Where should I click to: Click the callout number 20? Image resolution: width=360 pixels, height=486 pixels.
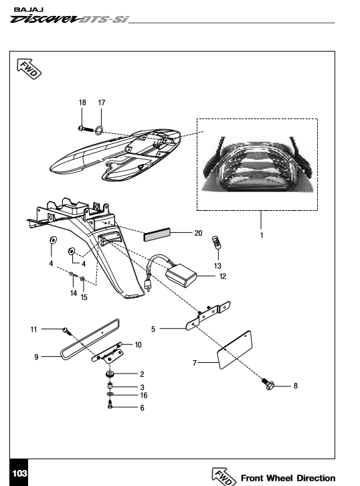coord(198,233)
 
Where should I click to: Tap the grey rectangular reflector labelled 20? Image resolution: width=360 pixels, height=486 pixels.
coord(157,234)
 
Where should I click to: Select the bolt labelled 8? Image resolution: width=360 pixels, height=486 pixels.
coord(268,384)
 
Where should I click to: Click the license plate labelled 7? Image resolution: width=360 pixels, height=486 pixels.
coord(235,350)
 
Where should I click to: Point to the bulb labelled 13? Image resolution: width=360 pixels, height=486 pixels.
coord(217,243)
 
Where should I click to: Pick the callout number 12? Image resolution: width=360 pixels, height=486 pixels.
coord(222,276)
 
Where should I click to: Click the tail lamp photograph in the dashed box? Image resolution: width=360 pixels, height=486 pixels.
coord(257,164)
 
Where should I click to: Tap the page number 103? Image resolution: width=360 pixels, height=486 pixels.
coord(20,473)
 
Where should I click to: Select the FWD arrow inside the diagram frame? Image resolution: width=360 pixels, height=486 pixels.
coord(29,69)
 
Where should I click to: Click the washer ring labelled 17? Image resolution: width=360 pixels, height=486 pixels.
coord(99,130)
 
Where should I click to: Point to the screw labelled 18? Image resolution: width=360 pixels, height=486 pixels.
coord(86,129)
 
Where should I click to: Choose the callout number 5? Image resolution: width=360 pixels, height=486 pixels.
coord(153,329)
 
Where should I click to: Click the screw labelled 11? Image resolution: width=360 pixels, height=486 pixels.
coord(68,331)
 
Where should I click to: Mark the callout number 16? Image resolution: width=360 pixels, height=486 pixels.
coord(144,396)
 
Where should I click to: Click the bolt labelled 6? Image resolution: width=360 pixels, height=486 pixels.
coord(110,404)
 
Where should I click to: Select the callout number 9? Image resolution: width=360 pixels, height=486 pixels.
coord(36,357)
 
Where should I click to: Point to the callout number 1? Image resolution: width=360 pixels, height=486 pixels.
coord(262,236)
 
